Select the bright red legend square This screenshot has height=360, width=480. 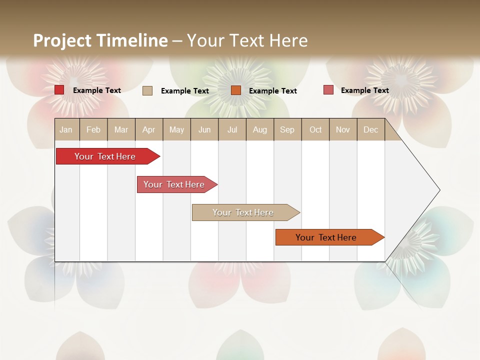click(x=59, y=90)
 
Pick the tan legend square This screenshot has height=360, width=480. click(x=147, y=90)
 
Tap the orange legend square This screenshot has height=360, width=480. click(x=236, y=90)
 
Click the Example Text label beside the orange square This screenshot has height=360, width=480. click(x=272, y=91)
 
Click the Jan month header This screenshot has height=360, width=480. click(x=66, y=129)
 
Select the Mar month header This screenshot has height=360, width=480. click(x=121, y=129)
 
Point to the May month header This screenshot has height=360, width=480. click(x=176, y=129)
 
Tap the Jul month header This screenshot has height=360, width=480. click(x=232, y=129)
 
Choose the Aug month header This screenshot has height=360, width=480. click(x=259, y=129)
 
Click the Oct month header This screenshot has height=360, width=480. click(x=315, y=129)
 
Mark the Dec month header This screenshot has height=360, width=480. click(x=370, y=129)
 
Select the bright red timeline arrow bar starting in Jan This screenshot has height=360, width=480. click(x=105, y=156)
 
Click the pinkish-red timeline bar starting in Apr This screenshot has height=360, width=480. click(x=174, y=184)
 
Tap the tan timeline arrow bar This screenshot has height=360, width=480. click(x=243, y=212)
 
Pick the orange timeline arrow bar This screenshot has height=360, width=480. click(x=326, y=237)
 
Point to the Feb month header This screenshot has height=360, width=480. click(x=93, y=129)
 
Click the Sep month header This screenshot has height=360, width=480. click(x=287, y=129)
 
